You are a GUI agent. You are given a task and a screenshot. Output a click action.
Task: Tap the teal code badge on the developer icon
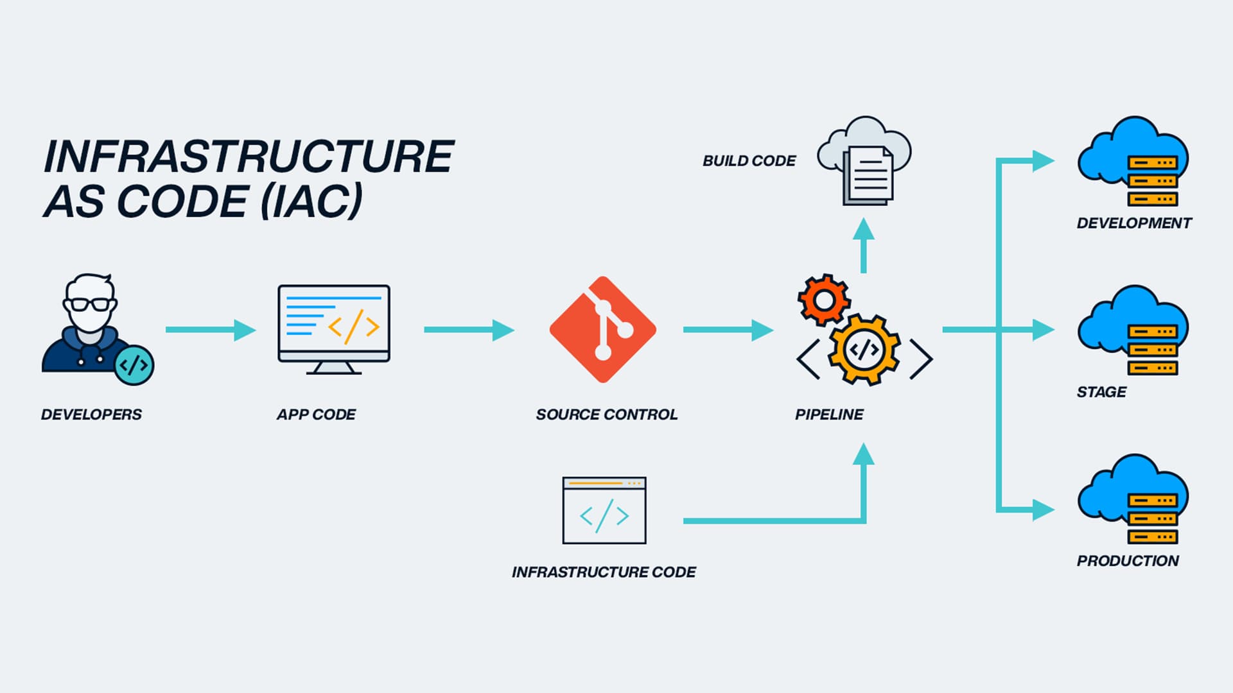[134, 365]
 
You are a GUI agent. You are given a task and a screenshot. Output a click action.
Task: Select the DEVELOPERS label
[91, 415]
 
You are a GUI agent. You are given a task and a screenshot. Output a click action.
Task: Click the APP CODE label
[316, 415]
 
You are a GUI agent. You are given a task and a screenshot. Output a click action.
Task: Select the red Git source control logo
[602, 330]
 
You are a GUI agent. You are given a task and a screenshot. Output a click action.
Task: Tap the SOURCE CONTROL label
[606, 415]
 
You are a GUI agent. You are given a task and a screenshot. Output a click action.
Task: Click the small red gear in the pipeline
[824, 299]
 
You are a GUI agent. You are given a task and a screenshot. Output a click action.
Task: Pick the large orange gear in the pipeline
[864, 350]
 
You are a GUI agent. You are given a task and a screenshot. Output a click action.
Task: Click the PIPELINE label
[828, 415]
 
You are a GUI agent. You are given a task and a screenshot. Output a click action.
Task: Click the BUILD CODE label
[749, 161]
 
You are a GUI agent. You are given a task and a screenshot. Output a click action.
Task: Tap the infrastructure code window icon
[604, 511]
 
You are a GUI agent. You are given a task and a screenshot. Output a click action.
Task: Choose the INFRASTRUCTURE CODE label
[603, 572]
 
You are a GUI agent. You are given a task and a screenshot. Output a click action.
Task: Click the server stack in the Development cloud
[1153, 181]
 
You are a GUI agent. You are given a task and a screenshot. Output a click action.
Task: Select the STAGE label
[1101, 392]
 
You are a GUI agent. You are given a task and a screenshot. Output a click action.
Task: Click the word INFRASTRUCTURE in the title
[249, 157]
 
